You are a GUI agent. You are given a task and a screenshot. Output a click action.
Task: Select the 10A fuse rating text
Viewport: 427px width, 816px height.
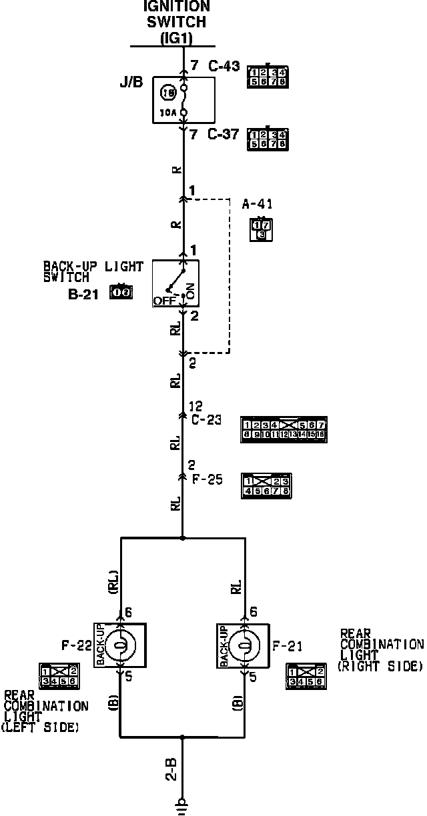167,112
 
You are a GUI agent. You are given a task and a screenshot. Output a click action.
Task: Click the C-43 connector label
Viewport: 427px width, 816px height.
223,67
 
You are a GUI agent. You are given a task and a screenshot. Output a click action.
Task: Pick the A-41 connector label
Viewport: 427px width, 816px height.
257,204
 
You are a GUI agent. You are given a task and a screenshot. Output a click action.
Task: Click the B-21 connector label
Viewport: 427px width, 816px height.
83,293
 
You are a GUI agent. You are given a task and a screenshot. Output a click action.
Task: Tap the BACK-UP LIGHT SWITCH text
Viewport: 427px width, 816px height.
93,272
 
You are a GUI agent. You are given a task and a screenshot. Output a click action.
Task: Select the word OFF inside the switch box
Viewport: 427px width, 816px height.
163,301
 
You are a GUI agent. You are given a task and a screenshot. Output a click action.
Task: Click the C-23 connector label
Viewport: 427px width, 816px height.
206,419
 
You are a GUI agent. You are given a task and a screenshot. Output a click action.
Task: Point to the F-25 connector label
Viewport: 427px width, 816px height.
207,479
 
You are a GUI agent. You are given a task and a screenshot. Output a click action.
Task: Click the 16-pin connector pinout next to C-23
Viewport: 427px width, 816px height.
284,430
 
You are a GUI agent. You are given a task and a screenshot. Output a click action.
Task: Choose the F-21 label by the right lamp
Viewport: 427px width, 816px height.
288,645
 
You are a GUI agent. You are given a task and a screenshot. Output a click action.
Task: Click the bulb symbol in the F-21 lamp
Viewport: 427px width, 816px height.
244,645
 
